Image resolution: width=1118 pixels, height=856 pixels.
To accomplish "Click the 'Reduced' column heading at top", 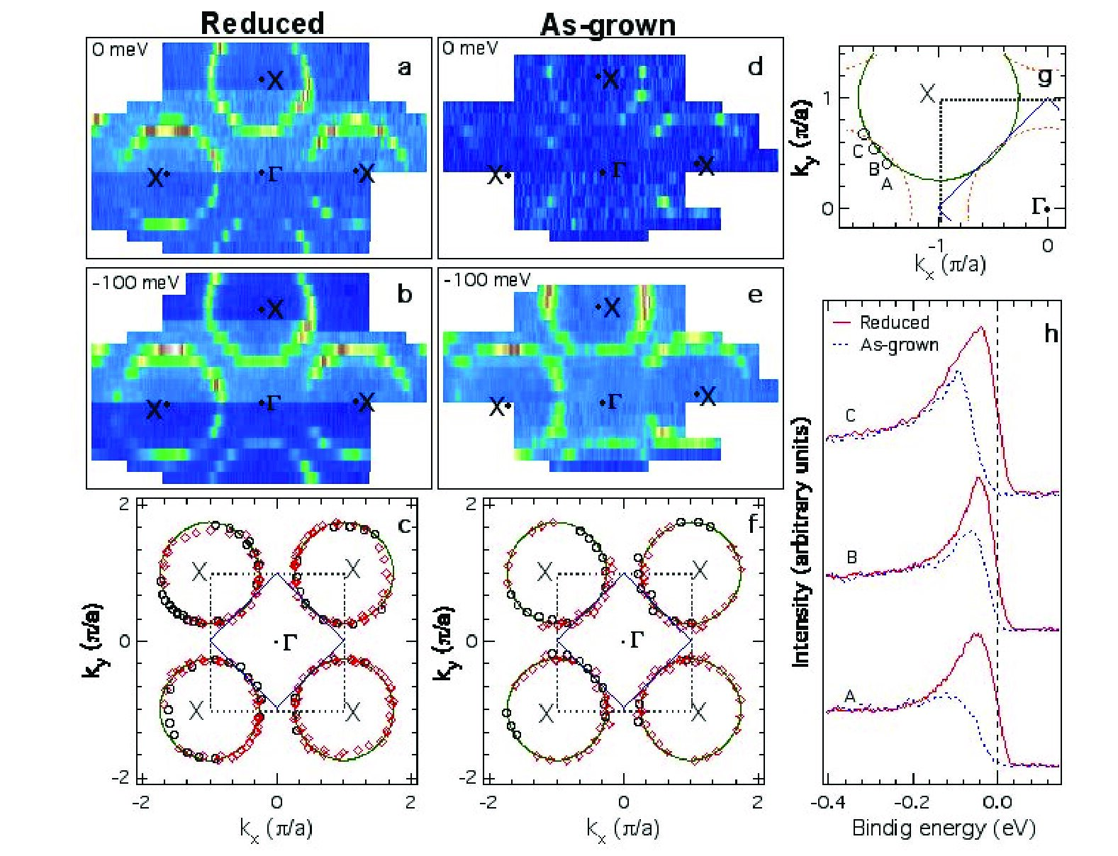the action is coord(262,23).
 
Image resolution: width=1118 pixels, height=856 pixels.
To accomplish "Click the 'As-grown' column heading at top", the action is coord(608,25).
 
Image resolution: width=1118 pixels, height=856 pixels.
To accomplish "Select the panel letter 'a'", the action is coord(404,67).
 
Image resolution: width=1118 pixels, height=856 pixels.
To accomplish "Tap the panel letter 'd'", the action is coord(755,67).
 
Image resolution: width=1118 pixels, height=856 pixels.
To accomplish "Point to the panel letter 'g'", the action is coord(1044,76).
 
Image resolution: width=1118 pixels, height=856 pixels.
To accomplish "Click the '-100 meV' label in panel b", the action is coord(135,283).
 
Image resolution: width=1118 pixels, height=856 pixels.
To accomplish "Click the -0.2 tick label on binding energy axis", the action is coord(912,801).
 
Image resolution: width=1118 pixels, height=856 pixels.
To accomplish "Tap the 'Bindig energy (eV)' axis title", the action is coord(944,828).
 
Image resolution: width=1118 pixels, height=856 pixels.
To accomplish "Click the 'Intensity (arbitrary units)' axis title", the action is coord(801,541).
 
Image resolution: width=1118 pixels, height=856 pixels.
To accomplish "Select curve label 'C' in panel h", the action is coord(851,415).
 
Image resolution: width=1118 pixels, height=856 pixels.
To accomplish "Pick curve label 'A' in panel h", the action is coord(849,696).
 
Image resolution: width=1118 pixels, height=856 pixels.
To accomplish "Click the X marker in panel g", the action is coord(927,94).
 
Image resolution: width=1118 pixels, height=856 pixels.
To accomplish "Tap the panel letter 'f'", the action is coord(753,524).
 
